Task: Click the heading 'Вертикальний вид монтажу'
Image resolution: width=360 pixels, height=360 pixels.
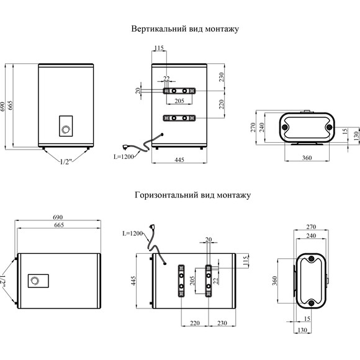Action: (184, 29)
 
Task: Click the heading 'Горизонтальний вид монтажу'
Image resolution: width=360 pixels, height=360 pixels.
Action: (192, 195)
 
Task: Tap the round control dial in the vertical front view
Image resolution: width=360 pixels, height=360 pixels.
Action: (65, 130)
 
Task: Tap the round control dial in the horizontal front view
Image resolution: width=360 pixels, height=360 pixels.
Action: (37, 281)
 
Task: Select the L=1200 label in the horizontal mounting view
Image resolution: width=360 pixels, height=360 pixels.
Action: (132, 233)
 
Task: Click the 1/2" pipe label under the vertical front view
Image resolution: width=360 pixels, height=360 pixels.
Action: (66, 162)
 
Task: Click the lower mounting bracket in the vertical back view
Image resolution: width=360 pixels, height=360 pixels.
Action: (179, 118)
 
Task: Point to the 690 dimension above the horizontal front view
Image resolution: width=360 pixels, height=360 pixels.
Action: (58, 217)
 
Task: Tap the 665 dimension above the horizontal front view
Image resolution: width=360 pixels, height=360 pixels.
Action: (58, 226)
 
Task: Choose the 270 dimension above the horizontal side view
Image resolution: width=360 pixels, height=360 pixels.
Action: (312, 227)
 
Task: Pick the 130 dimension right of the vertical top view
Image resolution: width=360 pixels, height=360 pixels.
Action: (355, 135)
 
